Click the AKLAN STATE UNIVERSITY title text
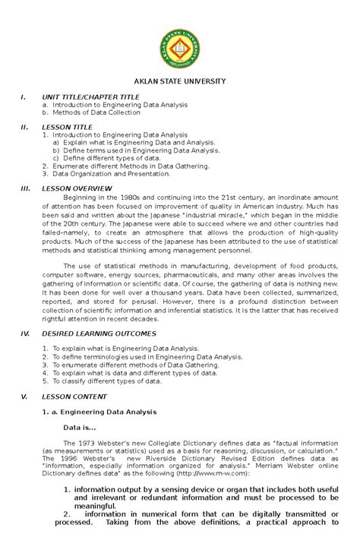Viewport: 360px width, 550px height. pyautogui.click(x=180, y=81)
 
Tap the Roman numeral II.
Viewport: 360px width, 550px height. pyautogui.click(x=24, y=127)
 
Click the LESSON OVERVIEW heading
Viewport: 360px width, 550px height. pyautogui.click(x=77, y=187)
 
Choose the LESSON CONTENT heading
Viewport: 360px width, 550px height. pyautogui.click(x=74, y=397)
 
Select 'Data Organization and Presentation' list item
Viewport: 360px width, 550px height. pyautogui.click(x=111, y=172)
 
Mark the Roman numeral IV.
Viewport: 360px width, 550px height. pyautogui.click(x=24, y=333)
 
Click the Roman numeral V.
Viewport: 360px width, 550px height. pyautogui.click(x=24, y=397)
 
